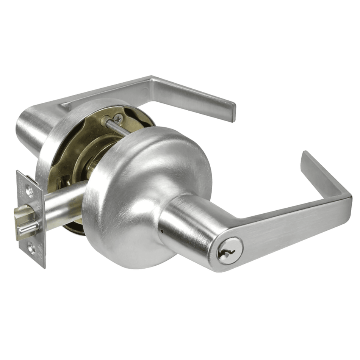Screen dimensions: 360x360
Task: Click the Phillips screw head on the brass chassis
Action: pyautogui.click(x=119, y=119)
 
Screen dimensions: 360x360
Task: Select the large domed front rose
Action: pyautogui.click(x=144, y=189)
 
